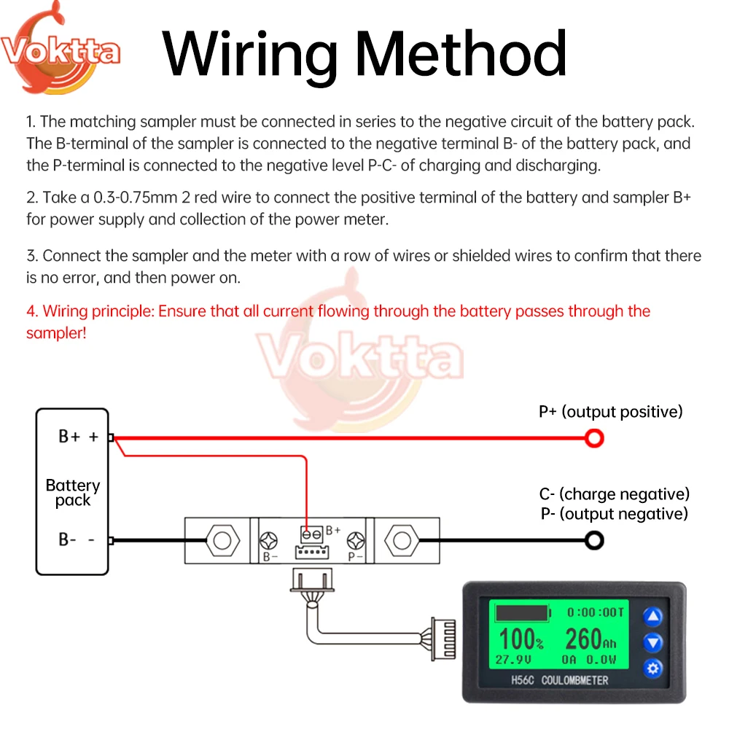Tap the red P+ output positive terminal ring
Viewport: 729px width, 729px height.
click(x=595, y=438)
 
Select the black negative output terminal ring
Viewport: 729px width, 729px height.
click(x=595, y=540)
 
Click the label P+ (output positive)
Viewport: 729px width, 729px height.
click(x=610, y=412)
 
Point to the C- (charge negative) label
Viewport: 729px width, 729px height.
click(x=614, y=495)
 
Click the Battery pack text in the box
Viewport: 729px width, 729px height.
click(x=72, y=493)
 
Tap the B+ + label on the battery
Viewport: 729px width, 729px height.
click(x=78, y=437)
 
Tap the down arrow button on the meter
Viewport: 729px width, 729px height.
click(x=653, y=642)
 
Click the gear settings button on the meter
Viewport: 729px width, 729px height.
click(x=653, y=668)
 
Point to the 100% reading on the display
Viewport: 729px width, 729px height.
click(x=521, y=639)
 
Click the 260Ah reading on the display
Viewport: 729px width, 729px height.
click(x=590, y=639)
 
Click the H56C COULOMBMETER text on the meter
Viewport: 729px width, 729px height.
click(x=560, y=680)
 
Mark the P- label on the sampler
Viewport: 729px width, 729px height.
click(x=356, y=558)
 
